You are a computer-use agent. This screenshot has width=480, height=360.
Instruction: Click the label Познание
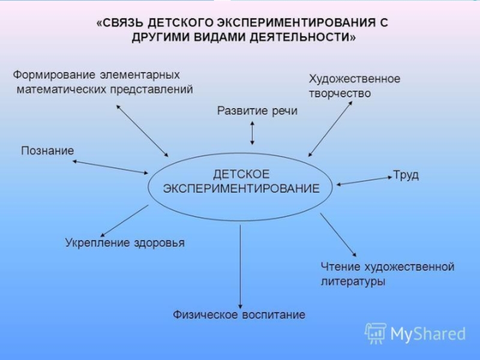point(47,150)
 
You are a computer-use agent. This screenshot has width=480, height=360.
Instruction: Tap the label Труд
point(406,175)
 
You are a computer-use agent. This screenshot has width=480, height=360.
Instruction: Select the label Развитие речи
point(257,110)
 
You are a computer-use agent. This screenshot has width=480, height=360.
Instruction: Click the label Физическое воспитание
point(239,315)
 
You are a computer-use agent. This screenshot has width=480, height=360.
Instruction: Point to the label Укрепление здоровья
point(124,243)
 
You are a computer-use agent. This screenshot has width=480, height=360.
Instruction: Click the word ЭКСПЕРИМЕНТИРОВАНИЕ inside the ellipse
point(241,188)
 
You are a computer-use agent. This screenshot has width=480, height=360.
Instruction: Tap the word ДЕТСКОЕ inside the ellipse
point(241,173)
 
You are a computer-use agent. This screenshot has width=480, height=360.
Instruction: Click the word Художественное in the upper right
point(354,79)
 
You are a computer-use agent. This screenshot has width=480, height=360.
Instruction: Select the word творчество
point(340,94)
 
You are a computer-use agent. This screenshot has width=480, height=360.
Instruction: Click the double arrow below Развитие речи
point(252,133)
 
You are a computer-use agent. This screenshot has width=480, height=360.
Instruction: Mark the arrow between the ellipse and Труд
point(364,181)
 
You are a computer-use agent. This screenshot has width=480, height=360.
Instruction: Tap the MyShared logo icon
point(376,332)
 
